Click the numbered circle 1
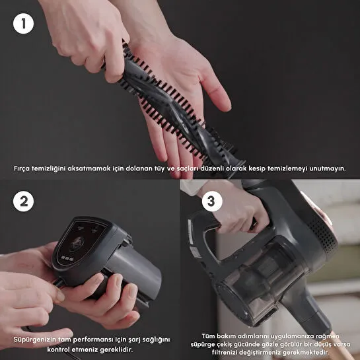[x=24, y=24]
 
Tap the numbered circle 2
[x=24, y=202]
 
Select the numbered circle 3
[x=211, y=202]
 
